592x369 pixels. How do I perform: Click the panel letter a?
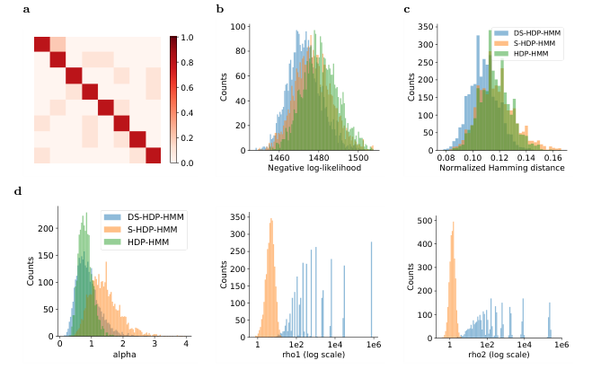click(x=26, y=10)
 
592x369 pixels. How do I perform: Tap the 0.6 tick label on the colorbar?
click(x=187, y=87)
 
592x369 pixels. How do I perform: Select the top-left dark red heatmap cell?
click(x=42, y=44)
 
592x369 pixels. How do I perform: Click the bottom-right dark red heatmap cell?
click(x=154, y=155)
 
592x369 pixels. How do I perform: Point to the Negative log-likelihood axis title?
click(x=314, y=168)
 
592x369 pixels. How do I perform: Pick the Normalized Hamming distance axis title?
click(x=502, y=168)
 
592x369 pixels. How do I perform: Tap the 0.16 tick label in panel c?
click(x=553, y=157)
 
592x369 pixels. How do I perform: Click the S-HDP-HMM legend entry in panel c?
click(x=527, y=43)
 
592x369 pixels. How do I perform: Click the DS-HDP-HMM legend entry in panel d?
click(x=145, y=217)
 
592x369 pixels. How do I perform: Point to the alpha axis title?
click(x=125, y=355)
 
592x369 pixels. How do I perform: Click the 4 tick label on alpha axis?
click(x=186, y=344)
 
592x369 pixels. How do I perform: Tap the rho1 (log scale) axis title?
click(x=314, y=355)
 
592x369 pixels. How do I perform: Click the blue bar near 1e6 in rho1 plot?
click(x=372, y=289)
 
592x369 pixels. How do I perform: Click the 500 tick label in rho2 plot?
click(x=426, y=220)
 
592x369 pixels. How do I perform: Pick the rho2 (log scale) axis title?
click(x=499, y=355)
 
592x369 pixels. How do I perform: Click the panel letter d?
click(x=18, y=191)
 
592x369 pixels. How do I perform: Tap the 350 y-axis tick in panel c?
click(x=426, y=27)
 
